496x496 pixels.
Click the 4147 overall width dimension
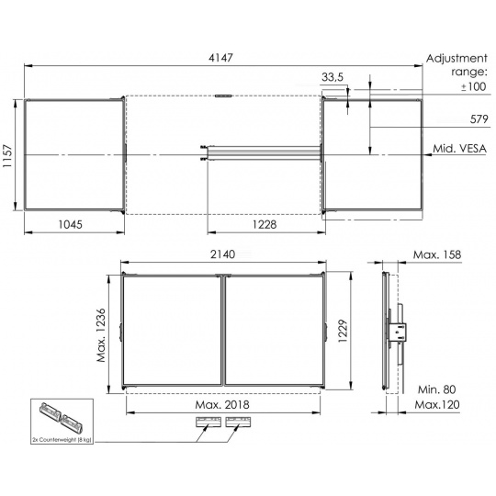220,58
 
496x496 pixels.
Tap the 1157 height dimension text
7,156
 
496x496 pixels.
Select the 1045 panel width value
70,224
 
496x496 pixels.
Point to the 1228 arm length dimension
265,224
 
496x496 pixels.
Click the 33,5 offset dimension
333,77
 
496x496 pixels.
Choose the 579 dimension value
479,118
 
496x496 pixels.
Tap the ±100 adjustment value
473,86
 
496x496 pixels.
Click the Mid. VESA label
459,149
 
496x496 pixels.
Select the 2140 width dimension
222,254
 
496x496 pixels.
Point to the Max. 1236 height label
101,335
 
